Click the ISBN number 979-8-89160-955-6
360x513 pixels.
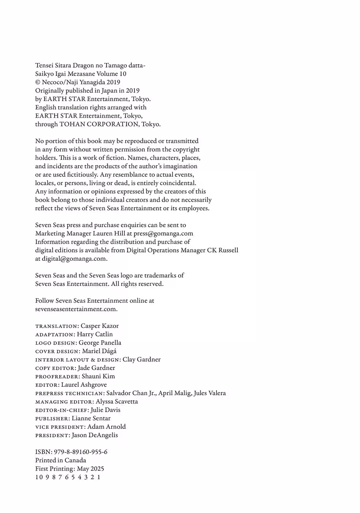(81, 452)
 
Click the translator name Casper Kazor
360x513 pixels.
(100, 326)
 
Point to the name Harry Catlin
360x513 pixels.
(95, 334)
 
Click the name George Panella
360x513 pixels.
(100, 343)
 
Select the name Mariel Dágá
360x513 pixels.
(99, 351)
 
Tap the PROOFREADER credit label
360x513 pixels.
(58, 377)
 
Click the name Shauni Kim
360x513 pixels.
(98, 376)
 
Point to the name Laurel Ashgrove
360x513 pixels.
(84, 385)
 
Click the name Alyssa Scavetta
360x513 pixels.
(117, 401)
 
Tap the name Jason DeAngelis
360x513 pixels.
(95, 435)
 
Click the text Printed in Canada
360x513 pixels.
(61, 460)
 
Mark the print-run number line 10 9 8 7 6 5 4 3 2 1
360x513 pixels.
(68, 477)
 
